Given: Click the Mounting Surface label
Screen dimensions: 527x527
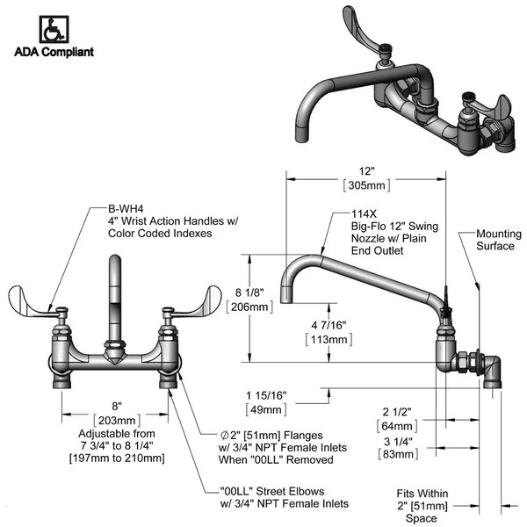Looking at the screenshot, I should (498, 241).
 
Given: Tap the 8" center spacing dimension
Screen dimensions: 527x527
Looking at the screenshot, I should (116, 406).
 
